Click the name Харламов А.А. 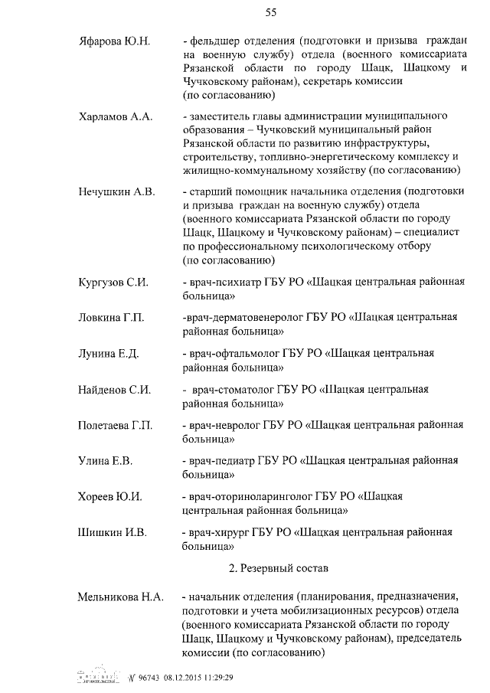click(x=116, y=116)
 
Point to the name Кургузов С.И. click(x=113, y=282)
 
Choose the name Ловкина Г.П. click(x=111, y=318)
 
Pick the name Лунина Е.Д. click(x=108, y=353)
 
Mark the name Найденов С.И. click(x=114, y=389)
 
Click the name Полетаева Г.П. click(x=116, y=425)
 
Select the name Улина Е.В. click(x=106, y=460)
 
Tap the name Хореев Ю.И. click(x=110, y=496)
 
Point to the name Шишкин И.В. click(x=112, y=532)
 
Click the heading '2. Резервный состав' click(x=278, y=569)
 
